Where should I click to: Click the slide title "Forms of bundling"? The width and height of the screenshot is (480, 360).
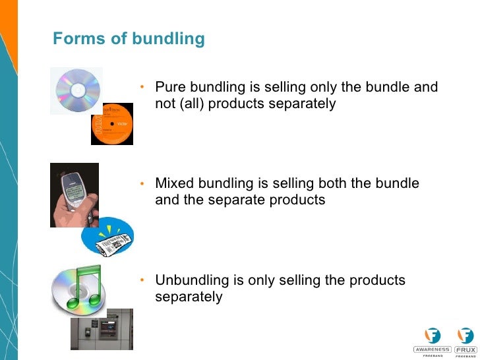click(129, 39)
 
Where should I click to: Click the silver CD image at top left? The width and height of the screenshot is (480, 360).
click(76, 91)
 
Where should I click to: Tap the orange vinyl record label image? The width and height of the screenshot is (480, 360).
click(112, 123)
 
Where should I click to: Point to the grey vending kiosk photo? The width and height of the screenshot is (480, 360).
click(102, 329)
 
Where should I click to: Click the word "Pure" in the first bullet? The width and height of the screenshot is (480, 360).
click(169, 88)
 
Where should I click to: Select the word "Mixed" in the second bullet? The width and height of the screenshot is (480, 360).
click(173, 183)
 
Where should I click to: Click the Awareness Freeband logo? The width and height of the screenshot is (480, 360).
click(433, 340)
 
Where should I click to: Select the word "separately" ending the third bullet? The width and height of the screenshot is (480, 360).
click(189, 297)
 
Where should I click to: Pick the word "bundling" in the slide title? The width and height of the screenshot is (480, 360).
click(168, 39)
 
